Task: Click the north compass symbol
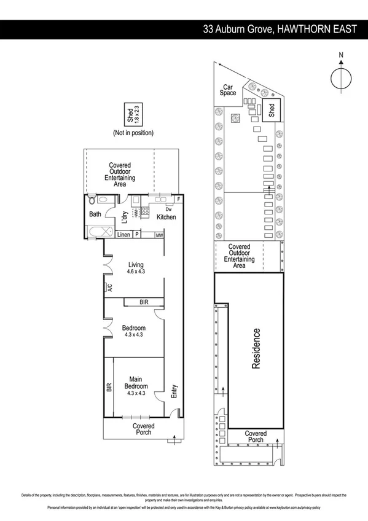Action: click(341, 79)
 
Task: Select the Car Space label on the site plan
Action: click(229, 90)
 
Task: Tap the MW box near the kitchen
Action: click(159, 235)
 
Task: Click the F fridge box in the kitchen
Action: click(179, 199)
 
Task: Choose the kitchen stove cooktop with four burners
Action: click(146, 211)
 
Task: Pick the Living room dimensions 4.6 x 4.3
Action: click(135, 272)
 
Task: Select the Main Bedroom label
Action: click(135, 383)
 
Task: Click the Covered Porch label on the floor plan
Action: click(143, 429)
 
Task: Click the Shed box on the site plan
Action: click(272, 110)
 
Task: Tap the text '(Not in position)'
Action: click(133, 133)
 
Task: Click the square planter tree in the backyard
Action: click(234, 119)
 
